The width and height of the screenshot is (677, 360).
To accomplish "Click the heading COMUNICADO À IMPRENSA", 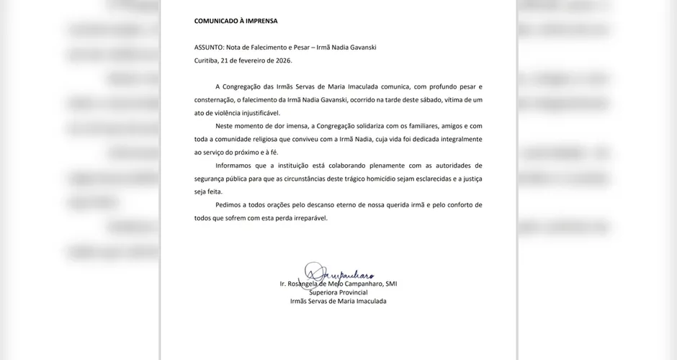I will (236, 22).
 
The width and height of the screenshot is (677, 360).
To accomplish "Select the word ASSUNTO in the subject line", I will (209, 48).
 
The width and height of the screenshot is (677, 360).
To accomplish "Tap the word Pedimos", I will (230, 205).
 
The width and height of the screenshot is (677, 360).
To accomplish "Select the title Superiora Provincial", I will (338, 292).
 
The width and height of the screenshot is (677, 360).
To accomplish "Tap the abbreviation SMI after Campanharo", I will (390, 284).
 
